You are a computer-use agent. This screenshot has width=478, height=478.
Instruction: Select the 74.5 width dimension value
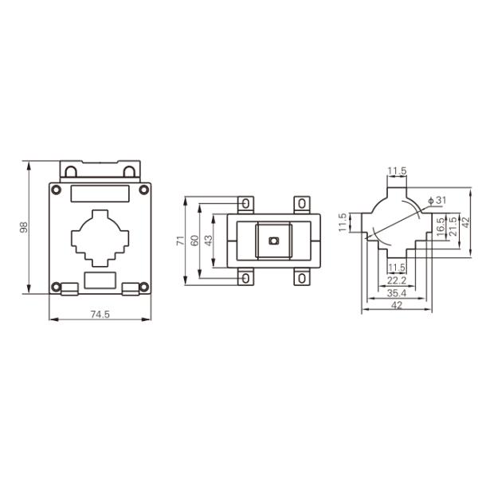click(x=100, y=315)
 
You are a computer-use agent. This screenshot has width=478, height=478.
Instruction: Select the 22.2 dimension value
click(x=396, y=280)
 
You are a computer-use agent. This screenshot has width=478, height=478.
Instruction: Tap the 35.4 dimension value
click(x=396, y=293)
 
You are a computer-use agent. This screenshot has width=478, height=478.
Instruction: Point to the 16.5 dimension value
click(x=441, y=226)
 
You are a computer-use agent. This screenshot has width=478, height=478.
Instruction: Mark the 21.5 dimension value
click(x=453, y=226)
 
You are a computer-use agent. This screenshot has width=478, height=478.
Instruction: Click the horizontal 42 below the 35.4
click(x=396, y=305)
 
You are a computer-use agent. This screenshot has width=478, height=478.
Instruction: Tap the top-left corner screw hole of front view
click(x=56, y=190)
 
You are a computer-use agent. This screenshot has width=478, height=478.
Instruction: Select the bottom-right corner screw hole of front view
click(x=143, y=287)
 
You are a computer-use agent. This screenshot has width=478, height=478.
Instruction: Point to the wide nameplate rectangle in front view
click(x=100, y=193)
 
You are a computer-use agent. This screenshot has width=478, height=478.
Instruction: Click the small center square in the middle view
click(x=272, y=241)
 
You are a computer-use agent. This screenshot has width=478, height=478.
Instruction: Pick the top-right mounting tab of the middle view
click(x=301, y=204)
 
